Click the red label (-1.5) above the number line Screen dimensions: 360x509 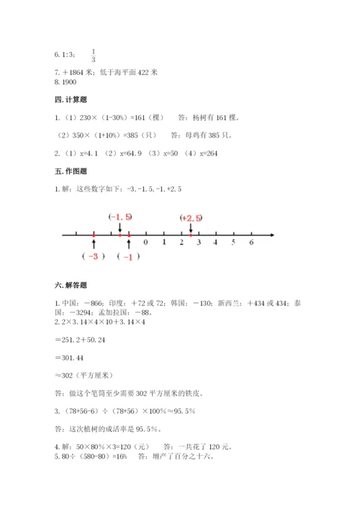pos(120,217)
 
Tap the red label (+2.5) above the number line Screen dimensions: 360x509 pos(192,217)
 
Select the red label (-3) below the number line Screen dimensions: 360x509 pos(94,257)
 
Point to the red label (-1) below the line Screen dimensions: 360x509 pos(128,258)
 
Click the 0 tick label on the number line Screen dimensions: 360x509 pos(146,243)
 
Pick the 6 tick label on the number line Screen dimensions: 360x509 pos(251,243)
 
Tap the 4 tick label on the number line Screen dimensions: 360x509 pos(216,243)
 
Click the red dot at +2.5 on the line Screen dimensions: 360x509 pos(190,234)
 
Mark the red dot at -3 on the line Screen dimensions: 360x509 pos(94,234)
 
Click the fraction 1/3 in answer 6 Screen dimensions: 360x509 pos(94,55)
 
